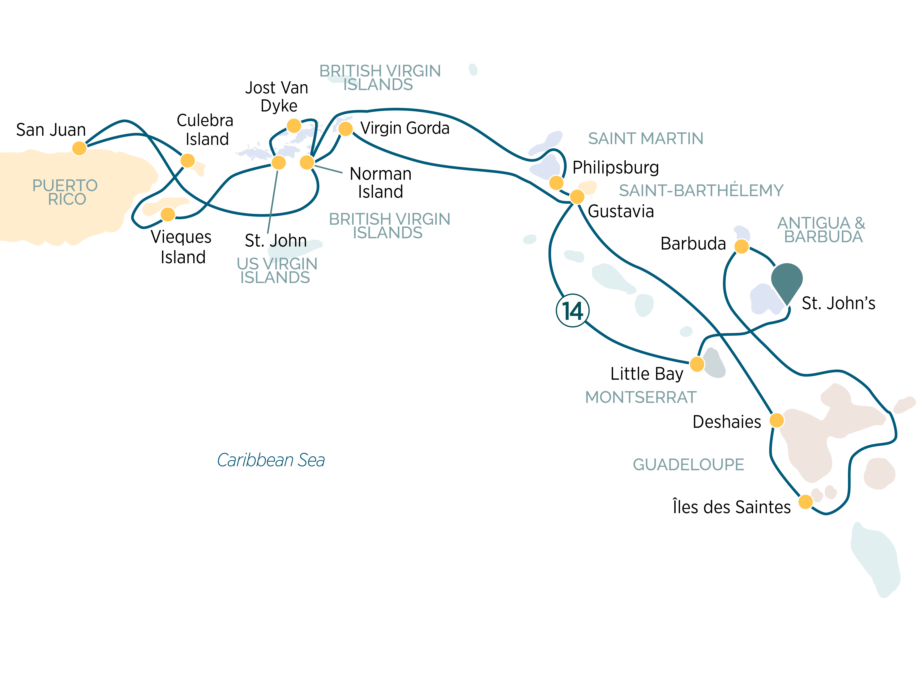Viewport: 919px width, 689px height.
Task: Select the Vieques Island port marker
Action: click(x=168, y=214)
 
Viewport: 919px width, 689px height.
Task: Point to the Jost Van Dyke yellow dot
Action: click(x=294, y=125)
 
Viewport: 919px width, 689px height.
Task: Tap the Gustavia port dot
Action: click(x=577, y=196)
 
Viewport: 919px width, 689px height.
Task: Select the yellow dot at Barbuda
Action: click(x=742, y=246)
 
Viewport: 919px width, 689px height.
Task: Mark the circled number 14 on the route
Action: click(x=572, y=311)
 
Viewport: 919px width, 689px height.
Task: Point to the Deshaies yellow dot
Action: click(x=777, y=420)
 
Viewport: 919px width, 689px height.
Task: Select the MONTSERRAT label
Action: click(x=641, y=397)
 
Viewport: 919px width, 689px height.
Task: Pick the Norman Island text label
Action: click(x=381, y=183)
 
